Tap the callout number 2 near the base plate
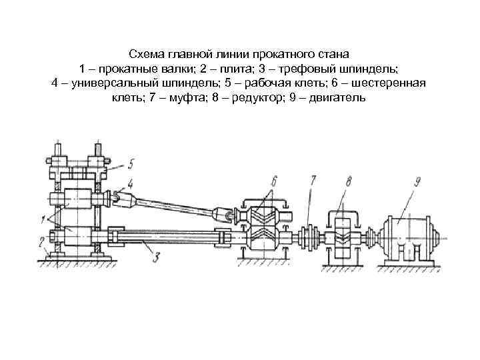coord(41,241)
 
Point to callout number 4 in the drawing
coord(130,183)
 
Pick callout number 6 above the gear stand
coord(273,179)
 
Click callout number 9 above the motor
coord(417,180)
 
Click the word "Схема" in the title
coord(145,53)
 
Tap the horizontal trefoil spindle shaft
coord(167,236)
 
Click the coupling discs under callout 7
coord(309,235)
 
